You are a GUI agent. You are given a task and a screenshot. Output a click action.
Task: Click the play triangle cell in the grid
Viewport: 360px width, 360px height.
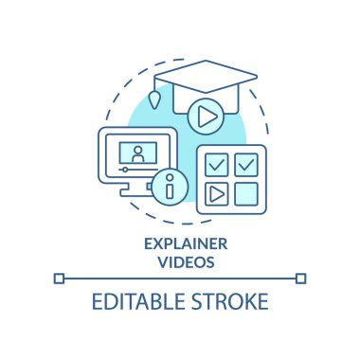(x=216, y=196)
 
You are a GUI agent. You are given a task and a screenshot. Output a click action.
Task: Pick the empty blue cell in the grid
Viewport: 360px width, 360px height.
(x=245, y=196)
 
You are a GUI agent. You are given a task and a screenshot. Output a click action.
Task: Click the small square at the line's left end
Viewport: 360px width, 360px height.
(x=59, y=278)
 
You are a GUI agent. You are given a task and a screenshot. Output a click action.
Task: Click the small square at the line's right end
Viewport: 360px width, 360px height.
(x=301, y=278)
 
